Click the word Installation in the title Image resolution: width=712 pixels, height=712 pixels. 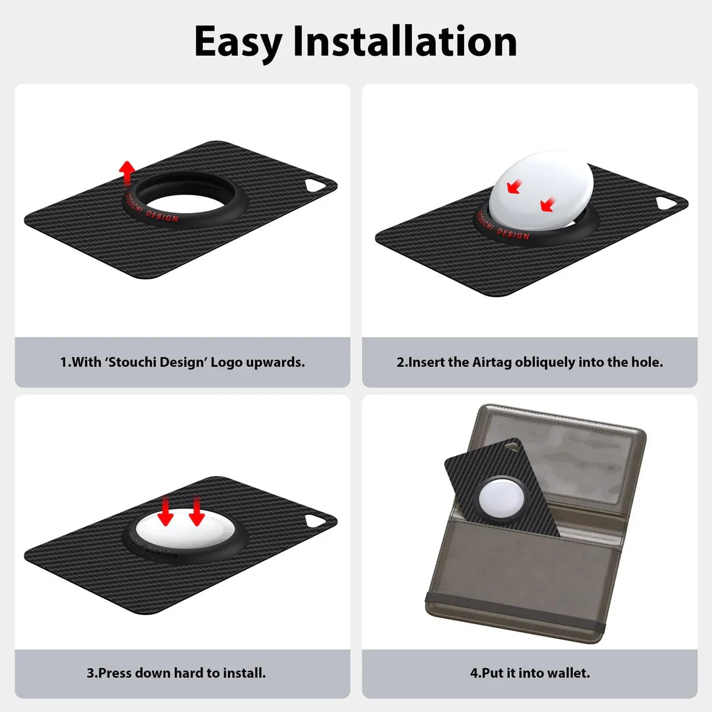coord(405,42)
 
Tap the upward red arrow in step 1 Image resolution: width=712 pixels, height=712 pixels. coord(126,173)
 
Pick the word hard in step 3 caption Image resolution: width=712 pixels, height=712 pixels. coord(189,673)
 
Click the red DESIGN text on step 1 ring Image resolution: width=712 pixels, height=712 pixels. coord(162,217)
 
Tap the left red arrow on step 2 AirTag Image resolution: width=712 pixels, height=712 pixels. coord(513,188)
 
